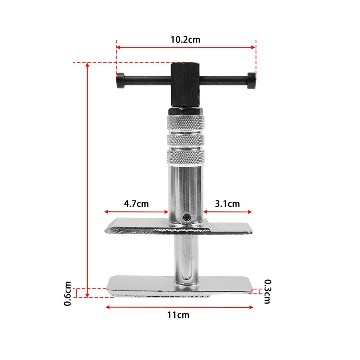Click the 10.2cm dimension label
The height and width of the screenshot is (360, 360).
(185, 40)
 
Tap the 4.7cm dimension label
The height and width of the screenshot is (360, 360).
(136, 204)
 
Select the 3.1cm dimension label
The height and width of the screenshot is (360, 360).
(227, 204)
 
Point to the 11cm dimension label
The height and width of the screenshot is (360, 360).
(178, 315)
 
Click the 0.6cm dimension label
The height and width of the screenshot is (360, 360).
(68, 294)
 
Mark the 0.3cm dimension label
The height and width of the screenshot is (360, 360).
(268, 291)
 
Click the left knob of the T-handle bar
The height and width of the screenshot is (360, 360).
(120, 81)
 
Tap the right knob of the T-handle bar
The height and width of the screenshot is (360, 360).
(251, 81)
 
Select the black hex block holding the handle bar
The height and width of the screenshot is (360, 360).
(185, 85)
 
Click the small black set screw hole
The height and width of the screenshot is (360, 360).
(187, 217)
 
